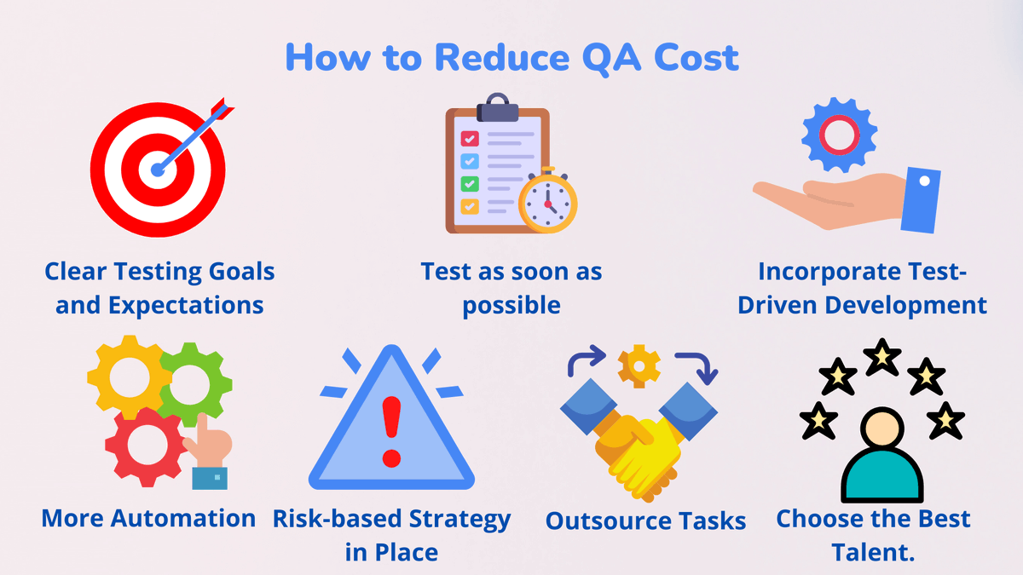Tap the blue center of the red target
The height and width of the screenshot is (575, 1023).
[157, 170]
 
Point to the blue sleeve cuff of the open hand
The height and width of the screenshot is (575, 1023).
[922, 201]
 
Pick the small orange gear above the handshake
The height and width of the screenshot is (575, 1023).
[639, 366]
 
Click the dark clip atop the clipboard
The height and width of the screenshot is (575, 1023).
[498, 109]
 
